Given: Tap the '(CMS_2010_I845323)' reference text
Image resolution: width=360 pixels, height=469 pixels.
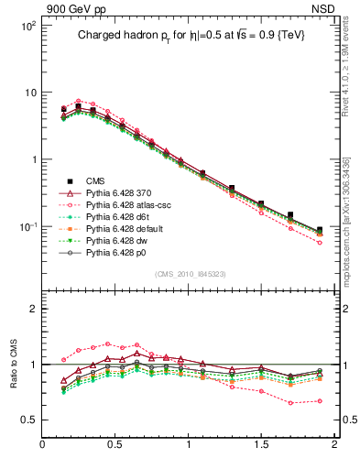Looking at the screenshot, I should coord(191,273).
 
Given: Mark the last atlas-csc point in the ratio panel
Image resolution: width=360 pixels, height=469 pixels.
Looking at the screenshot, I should coord(320,400).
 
